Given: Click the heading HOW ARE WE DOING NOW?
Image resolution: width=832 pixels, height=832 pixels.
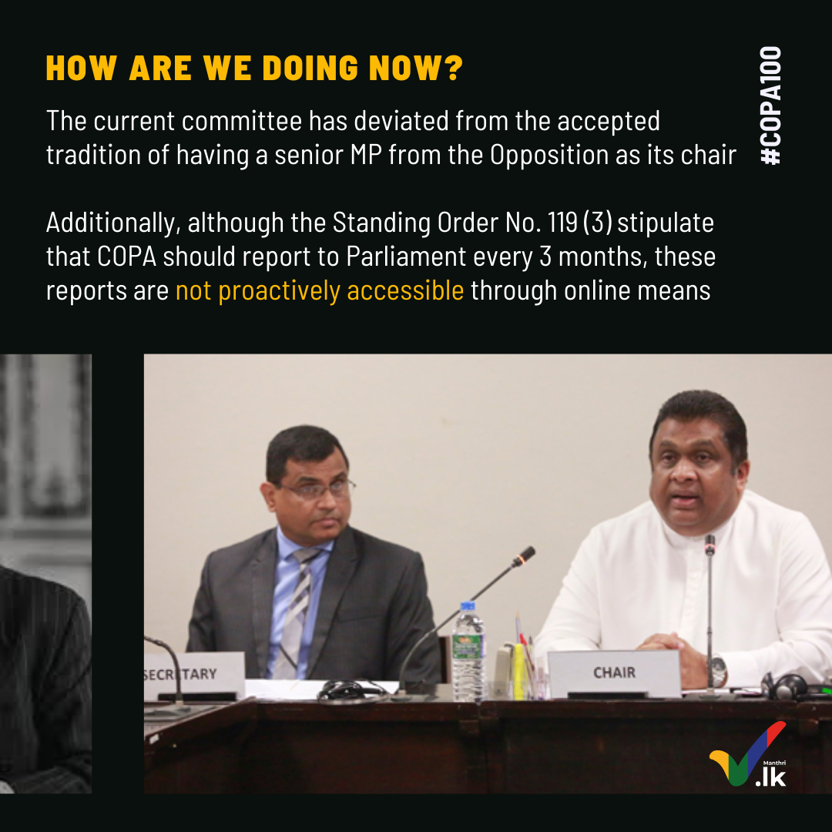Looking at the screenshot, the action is click(255, 68).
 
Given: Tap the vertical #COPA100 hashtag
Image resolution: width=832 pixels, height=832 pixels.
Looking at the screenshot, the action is click(771, 106).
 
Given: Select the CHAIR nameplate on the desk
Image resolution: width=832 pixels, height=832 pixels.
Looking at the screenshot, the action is click(615, 674).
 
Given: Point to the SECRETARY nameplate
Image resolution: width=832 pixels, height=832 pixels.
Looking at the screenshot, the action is click(193, 676).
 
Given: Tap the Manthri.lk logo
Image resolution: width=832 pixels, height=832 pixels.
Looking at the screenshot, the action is click(749, 754).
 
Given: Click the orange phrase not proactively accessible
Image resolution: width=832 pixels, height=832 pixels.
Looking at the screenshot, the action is click(320, 290).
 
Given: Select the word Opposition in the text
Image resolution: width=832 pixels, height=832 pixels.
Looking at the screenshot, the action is click(549, 155).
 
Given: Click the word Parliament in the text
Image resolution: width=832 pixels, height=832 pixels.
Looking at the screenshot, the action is click(406, 257).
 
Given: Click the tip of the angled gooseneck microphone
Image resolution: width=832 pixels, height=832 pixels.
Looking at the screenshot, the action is click(528, 552).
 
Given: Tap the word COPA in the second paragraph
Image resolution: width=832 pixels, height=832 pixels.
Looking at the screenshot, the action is click(127, 257).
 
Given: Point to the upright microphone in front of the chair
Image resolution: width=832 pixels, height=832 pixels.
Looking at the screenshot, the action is click(710, 616).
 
